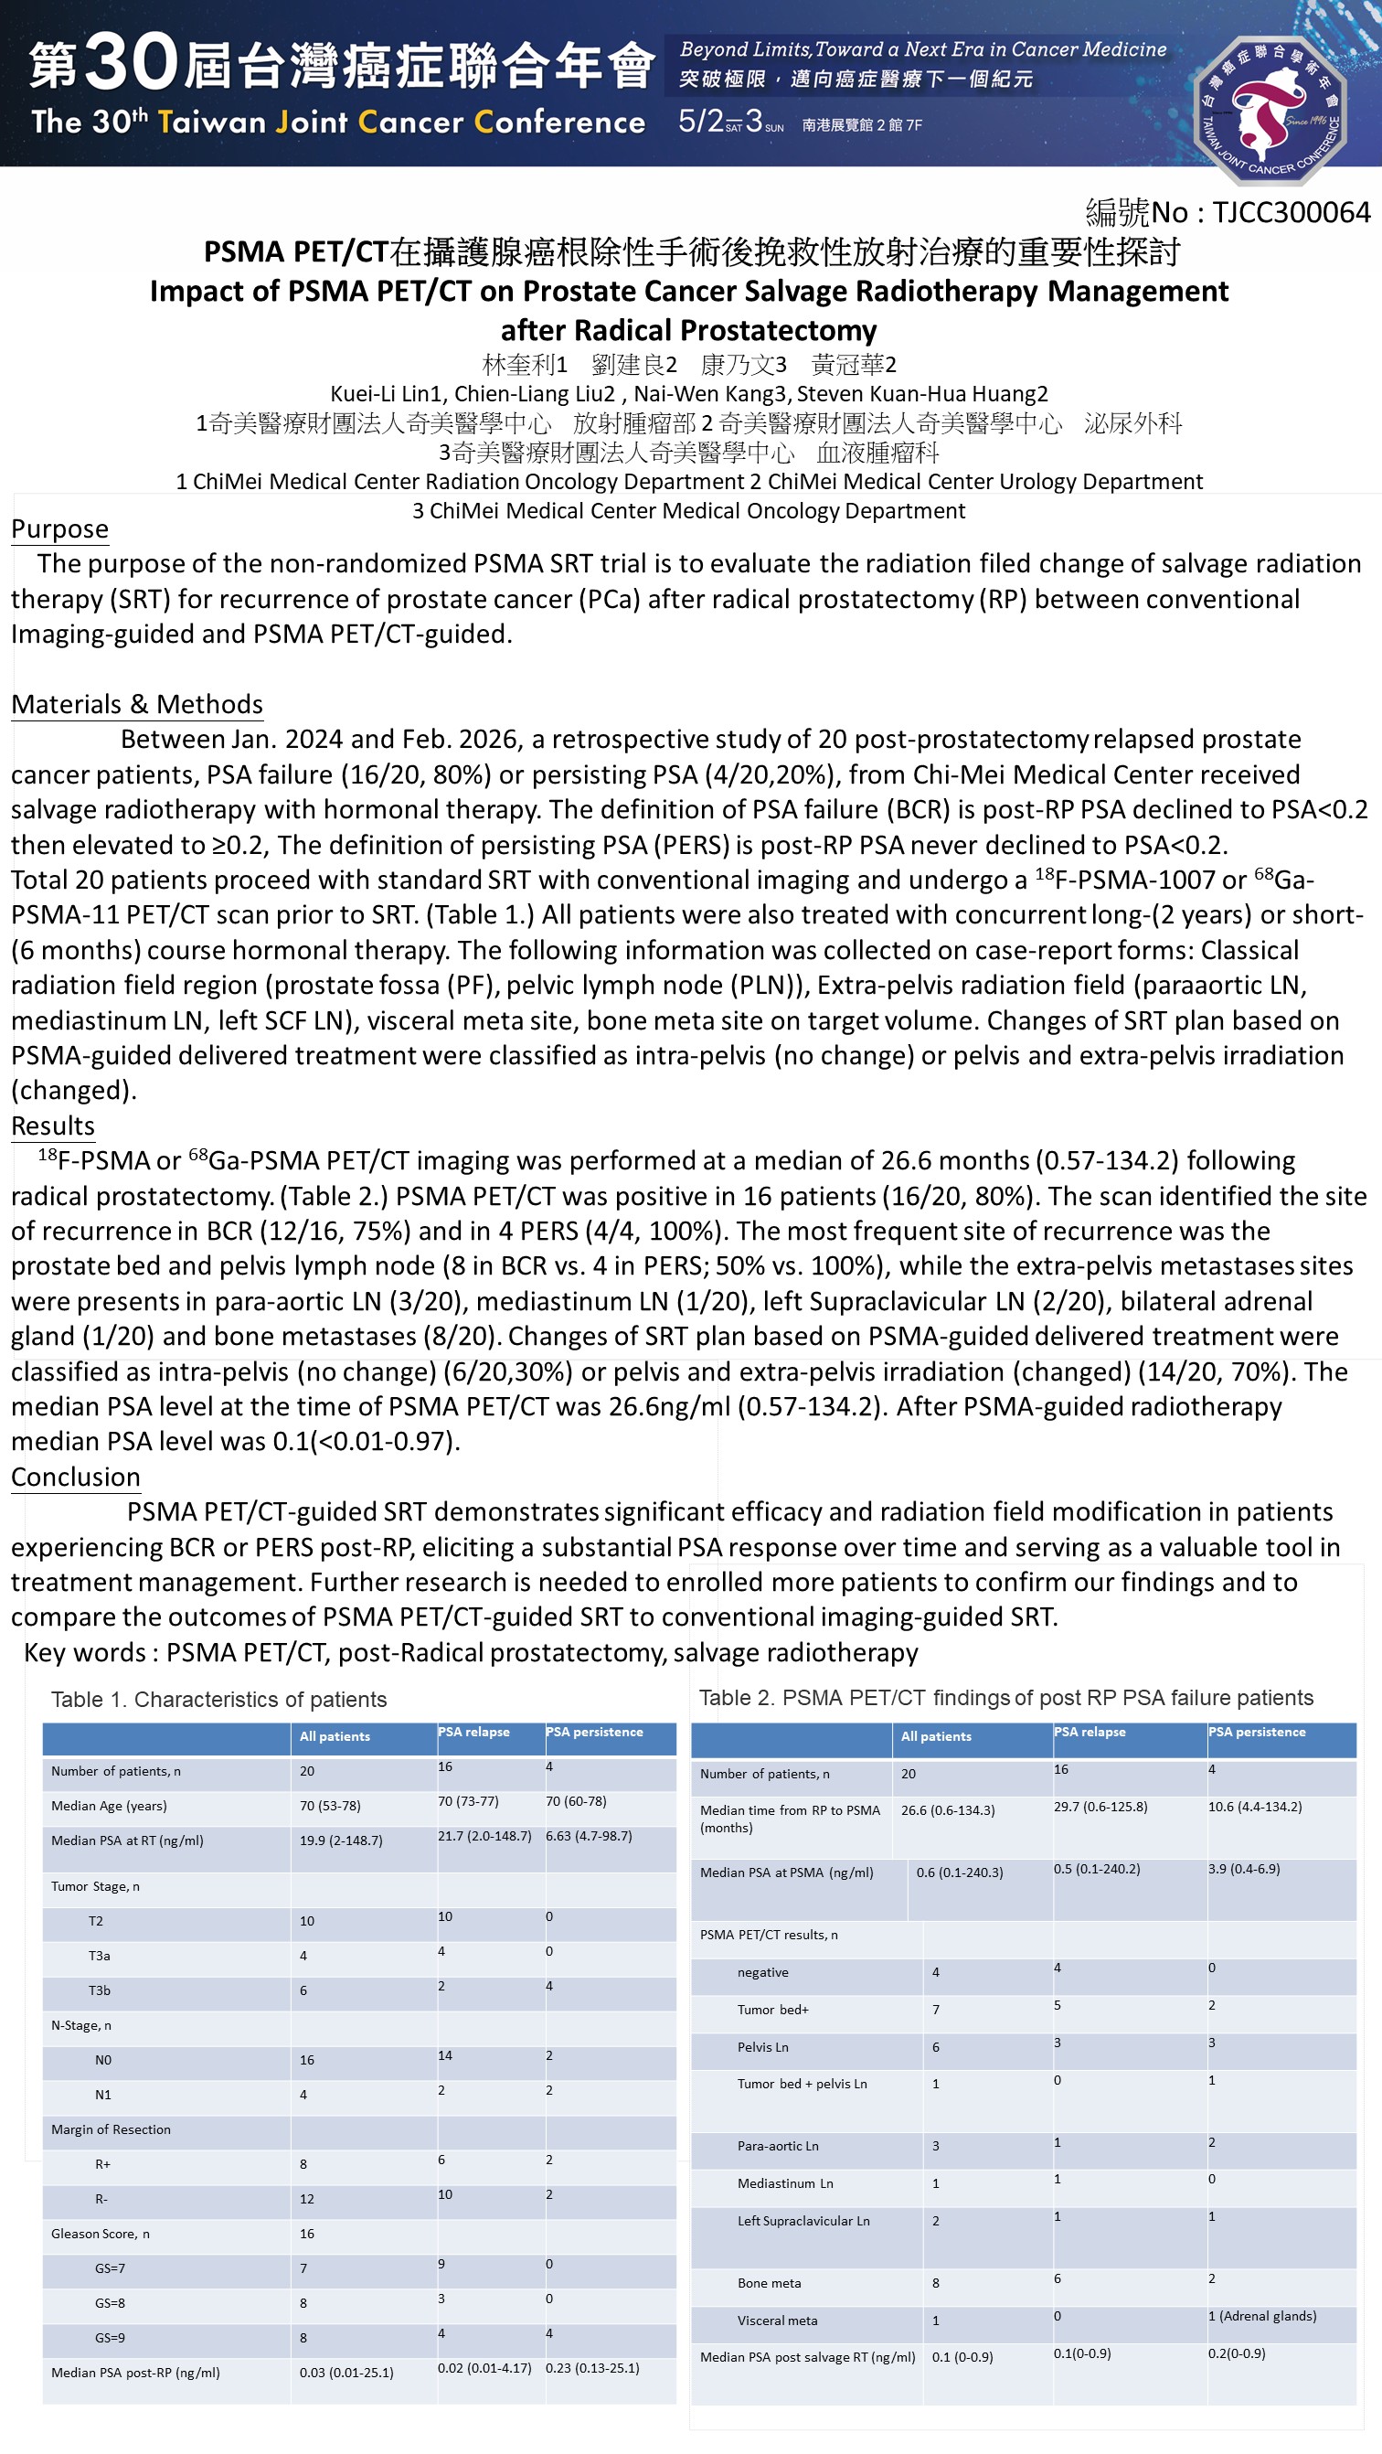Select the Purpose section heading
(x=59, y=528)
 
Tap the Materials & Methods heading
(x=136, y=704)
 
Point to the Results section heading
(x=52, y=1126)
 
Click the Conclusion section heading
(x=75, y=1477)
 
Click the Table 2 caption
(x=1005, y=1697)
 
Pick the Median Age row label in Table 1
(x=109, y=1805)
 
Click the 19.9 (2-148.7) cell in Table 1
(x=340, y=1840)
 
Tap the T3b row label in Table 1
(x=99, y=1990)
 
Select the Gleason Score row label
(x=100, y=2233)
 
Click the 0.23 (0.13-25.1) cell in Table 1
(x=591, y=2367)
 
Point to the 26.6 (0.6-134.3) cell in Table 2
(x=947, y=1810)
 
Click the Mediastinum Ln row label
(x=784, y=2182)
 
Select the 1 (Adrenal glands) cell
(x=1261, y=2316)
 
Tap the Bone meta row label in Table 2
(x=769, y=2282)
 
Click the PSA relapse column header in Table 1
(x=473, y=1732)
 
